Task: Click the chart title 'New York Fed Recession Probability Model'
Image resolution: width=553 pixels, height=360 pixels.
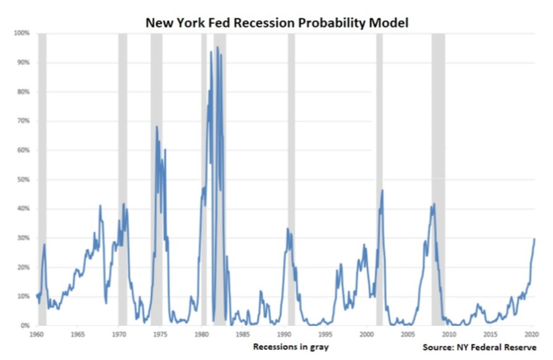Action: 276,23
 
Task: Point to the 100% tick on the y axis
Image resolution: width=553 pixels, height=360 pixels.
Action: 22,33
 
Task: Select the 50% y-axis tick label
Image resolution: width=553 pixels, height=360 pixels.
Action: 24,179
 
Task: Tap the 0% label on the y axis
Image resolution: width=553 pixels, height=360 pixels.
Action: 25,326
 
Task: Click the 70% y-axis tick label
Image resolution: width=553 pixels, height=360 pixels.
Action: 24,121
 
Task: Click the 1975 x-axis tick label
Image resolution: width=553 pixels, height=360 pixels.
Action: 160,334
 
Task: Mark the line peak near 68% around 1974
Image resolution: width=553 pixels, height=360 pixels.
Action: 156,127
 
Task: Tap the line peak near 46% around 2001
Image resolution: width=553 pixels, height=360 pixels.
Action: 382,190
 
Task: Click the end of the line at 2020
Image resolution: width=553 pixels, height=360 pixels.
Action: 534,239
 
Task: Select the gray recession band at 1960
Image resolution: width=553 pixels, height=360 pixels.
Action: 42,179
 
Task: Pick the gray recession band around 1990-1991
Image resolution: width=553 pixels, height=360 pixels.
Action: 291,179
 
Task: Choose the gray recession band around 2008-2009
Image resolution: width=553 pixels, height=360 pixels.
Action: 438,179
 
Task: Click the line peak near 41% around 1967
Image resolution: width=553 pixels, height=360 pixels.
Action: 100,205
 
